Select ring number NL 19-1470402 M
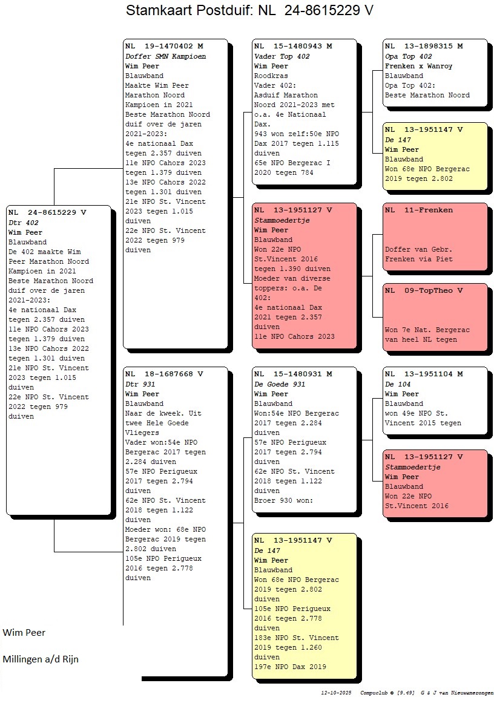point(164,46)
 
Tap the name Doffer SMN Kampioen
point(165,56)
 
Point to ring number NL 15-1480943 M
point(293,46)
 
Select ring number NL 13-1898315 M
point(424,46)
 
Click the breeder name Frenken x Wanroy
point(418,66)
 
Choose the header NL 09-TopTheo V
point(424,291)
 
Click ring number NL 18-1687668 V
point(164,374)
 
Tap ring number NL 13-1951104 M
point(424,374)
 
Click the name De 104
point(397,384)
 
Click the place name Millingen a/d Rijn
point(41,659)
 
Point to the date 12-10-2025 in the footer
point(336,693)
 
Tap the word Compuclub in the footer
point(374,693)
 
